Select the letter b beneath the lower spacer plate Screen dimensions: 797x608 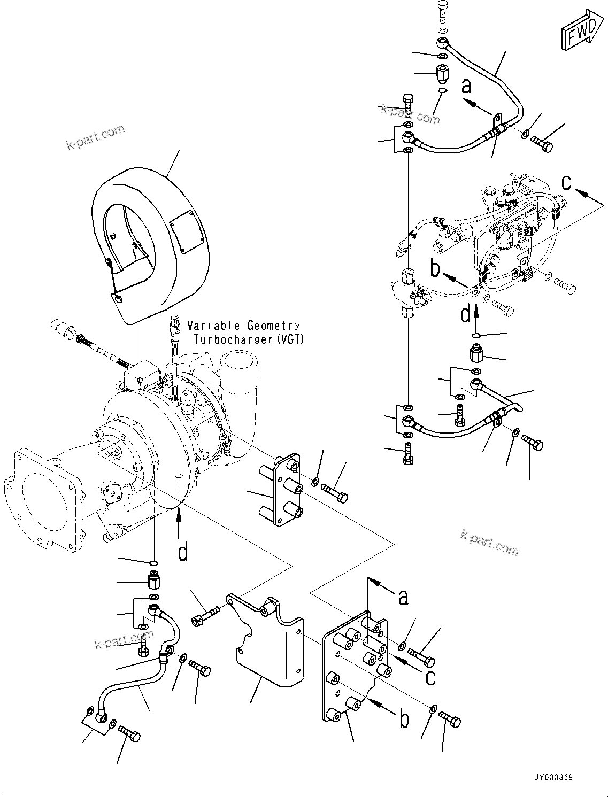point(405,719)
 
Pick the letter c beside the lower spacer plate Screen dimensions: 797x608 point(430,677)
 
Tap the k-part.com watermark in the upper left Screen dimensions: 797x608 point(95,137)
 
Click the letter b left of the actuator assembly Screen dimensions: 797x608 point(435,269)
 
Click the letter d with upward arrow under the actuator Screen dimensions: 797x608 point(465,313)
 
